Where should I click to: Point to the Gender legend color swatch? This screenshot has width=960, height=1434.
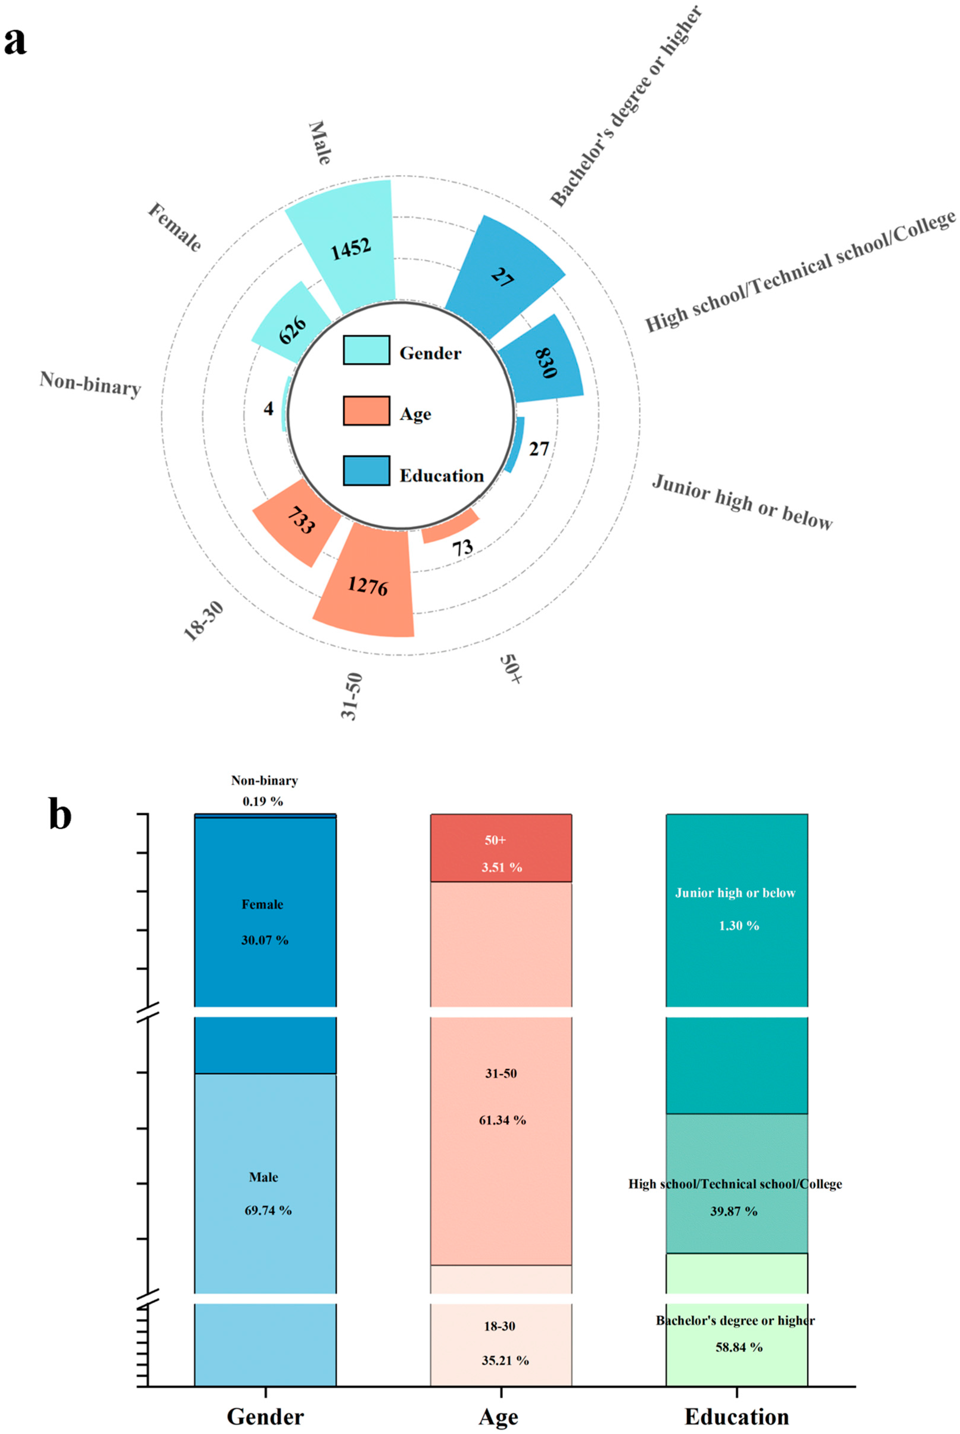point(366,350)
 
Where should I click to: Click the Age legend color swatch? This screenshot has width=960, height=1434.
point(366,411)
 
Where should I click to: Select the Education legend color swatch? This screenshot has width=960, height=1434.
point(366,471)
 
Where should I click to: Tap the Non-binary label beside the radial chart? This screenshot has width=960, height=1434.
point(91,384)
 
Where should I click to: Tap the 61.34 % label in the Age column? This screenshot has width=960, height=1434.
point(502,1120)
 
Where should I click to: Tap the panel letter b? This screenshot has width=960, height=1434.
point(60,815)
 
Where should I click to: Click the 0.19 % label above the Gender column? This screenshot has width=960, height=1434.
point(263,801)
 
